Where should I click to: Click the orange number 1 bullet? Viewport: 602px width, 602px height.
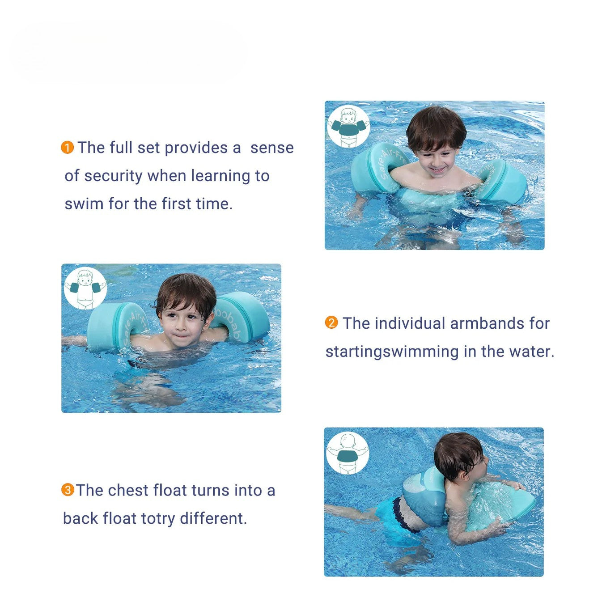click(x=67, y=148)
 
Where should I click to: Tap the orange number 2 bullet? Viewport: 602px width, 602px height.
click(x=331, y=323)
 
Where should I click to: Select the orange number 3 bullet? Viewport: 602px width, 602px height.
click(x=68, y=490)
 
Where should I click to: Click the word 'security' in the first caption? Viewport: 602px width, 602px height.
click(x=114, y=176)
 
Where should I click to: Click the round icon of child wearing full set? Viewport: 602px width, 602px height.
click(x=348, y=127)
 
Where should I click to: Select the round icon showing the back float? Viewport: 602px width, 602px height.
click(x=348, y=453)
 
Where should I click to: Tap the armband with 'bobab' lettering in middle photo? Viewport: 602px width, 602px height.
click(x=239, y=317)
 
